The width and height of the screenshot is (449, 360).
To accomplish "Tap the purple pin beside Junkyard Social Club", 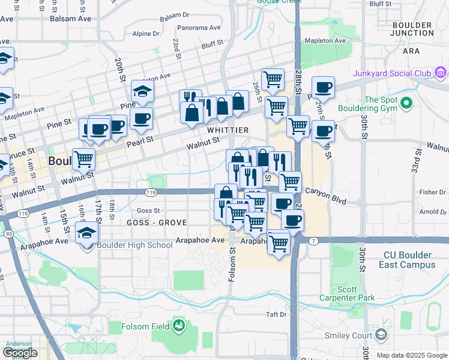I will [441, 73].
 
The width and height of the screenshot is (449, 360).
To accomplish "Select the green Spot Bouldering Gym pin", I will [407, 103].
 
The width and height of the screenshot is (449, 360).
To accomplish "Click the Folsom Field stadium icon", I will [178, 326].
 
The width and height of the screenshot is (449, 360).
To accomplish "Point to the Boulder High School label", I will [134, 245].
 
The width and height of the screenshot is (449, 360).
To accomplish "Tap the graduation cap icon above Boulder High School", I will [87, 232].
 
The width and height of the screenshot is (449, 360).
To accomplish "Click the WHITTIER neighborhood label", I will [228, 130].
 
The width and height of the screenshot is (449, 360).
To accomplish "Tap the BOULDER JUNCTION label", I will [411, 29].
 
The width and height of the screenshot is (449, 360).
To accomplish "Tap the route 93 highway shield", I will [9, 233].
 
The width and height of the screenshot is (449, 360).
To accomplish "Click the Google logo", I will [20, 352].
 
